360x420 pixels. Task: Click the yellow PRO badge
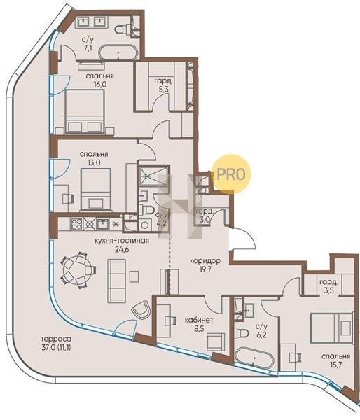tap(231, 174)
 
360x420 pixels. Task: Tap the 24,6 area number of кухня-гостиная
tap(122, 250)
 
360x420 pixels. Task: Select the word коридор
tap(205, 260)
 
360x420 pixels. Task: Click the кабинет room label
tap(199, 321)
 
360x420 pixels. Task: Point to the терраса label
tap(57, 340)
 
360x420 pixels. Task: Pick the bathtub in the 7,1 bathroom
tap(118, 52)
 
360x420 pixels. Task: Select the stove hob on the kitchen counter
tap(76, 224)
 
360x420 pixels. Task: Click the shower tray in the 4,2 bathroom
tap(153, 176)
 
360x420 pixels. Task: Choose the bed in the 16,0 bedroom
tap(85, 111)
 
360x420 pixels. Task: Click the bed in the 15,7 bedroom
tap(331, 328)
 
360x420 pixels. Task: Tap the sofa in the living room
tap(116, 281)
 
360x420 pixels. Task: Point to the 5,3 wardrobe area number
tap(163, 90)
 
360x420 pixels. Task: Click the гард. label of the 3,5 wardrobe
tap(328, 282)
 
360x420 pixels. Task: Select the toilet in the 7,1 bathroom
tap(123, 29)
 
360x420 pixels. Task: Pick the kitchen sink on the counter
tap(102, 224)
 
